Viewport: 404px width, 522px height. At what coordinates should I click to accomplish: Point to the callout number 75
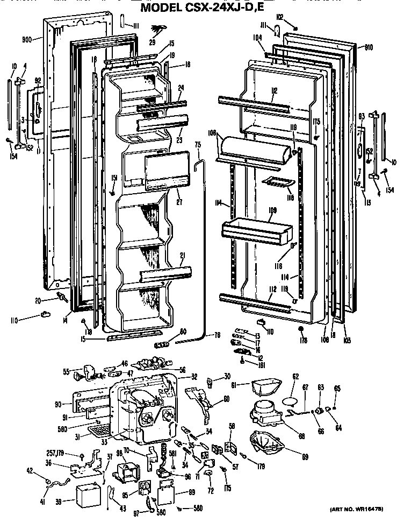tap(197, 145)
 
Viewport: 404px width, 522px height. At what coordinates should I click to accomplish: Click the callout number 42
tap(29, 473)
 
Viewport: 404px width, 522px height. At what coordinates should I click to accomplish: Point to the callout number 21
tap(182, 255)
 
